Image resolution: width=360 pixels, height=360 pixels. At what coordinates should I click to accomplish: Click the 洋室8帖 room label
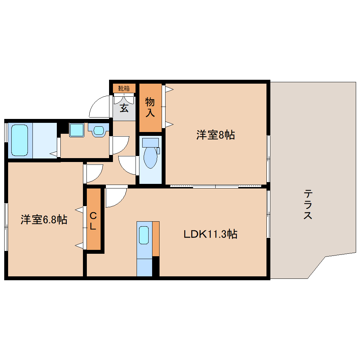(216, 135)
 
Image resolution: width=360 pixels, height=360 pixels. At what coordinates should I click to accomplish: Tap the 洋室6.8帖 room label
(44, 220)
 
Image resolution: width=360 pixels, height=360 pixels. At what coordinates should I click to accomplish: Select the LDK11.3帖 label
(210, 234)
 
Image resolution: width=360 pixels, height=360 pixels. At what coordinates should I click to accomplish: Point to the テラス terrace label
(308, 204)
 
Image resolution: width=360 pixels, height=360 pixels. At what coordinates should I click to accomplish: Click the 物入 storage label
(150, 107)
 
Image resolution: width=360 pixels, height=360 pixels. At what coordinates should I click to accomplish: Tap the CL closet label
(93, 221)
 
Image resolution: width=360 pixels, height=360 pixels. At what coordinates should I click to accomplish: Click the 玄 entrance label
(124, 108)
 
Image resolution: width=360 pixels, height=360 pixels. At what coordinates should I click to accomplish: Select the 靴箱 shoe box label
(124, 88)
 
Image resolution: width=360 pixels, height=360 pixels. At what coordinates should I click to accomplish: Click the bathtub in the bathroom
(20, 140)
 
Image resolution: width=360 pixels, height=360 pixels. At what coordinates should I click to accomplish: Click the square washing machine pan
(77, 130)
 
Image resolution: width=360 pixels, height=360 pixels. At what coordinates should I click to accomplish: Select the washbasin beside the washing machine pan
(98, 131)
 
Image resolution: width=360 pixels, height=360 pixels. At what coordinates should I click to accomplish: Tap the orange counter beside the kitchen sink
(156, 239)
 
